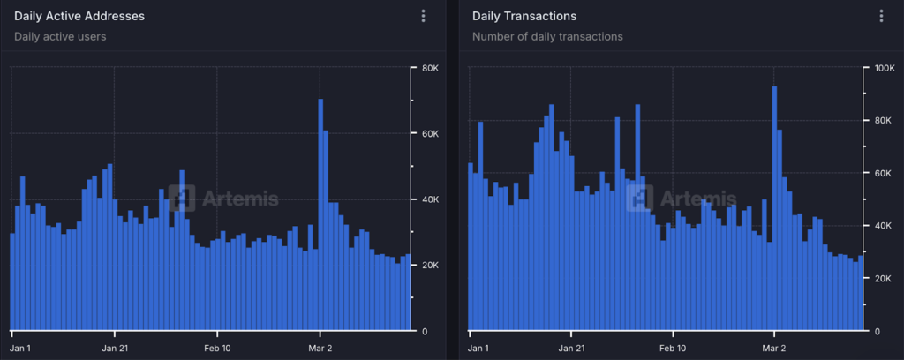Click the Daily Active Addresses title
(x=79, y=16)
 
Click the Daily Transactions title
(x=524, y=16)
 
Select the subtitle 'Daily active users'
(x=59, y=37)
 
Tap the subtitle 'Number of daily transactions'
(x=547, y=37)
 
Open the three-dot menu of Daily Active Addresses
(x=424, y=16)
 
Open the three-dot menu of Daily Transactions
(x=881, y=16)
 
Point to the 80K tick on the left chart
(x=430, y=68)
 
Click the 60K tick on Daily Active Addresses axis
(x=430, y=134)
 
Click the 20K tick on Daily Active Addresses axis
(x=430, y=266)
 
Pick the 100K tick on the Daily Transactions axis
(x=885, y=68)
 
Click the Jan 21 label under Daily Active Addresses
(x=116, y=348)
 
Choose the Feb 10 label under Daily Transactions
(x=673, y=348)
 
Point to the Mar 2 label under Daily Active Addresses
(x=320, y=348)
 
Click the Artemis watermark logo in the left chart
(x=181, y=199)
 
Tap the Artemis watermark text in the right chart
(x=698, y=199)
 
